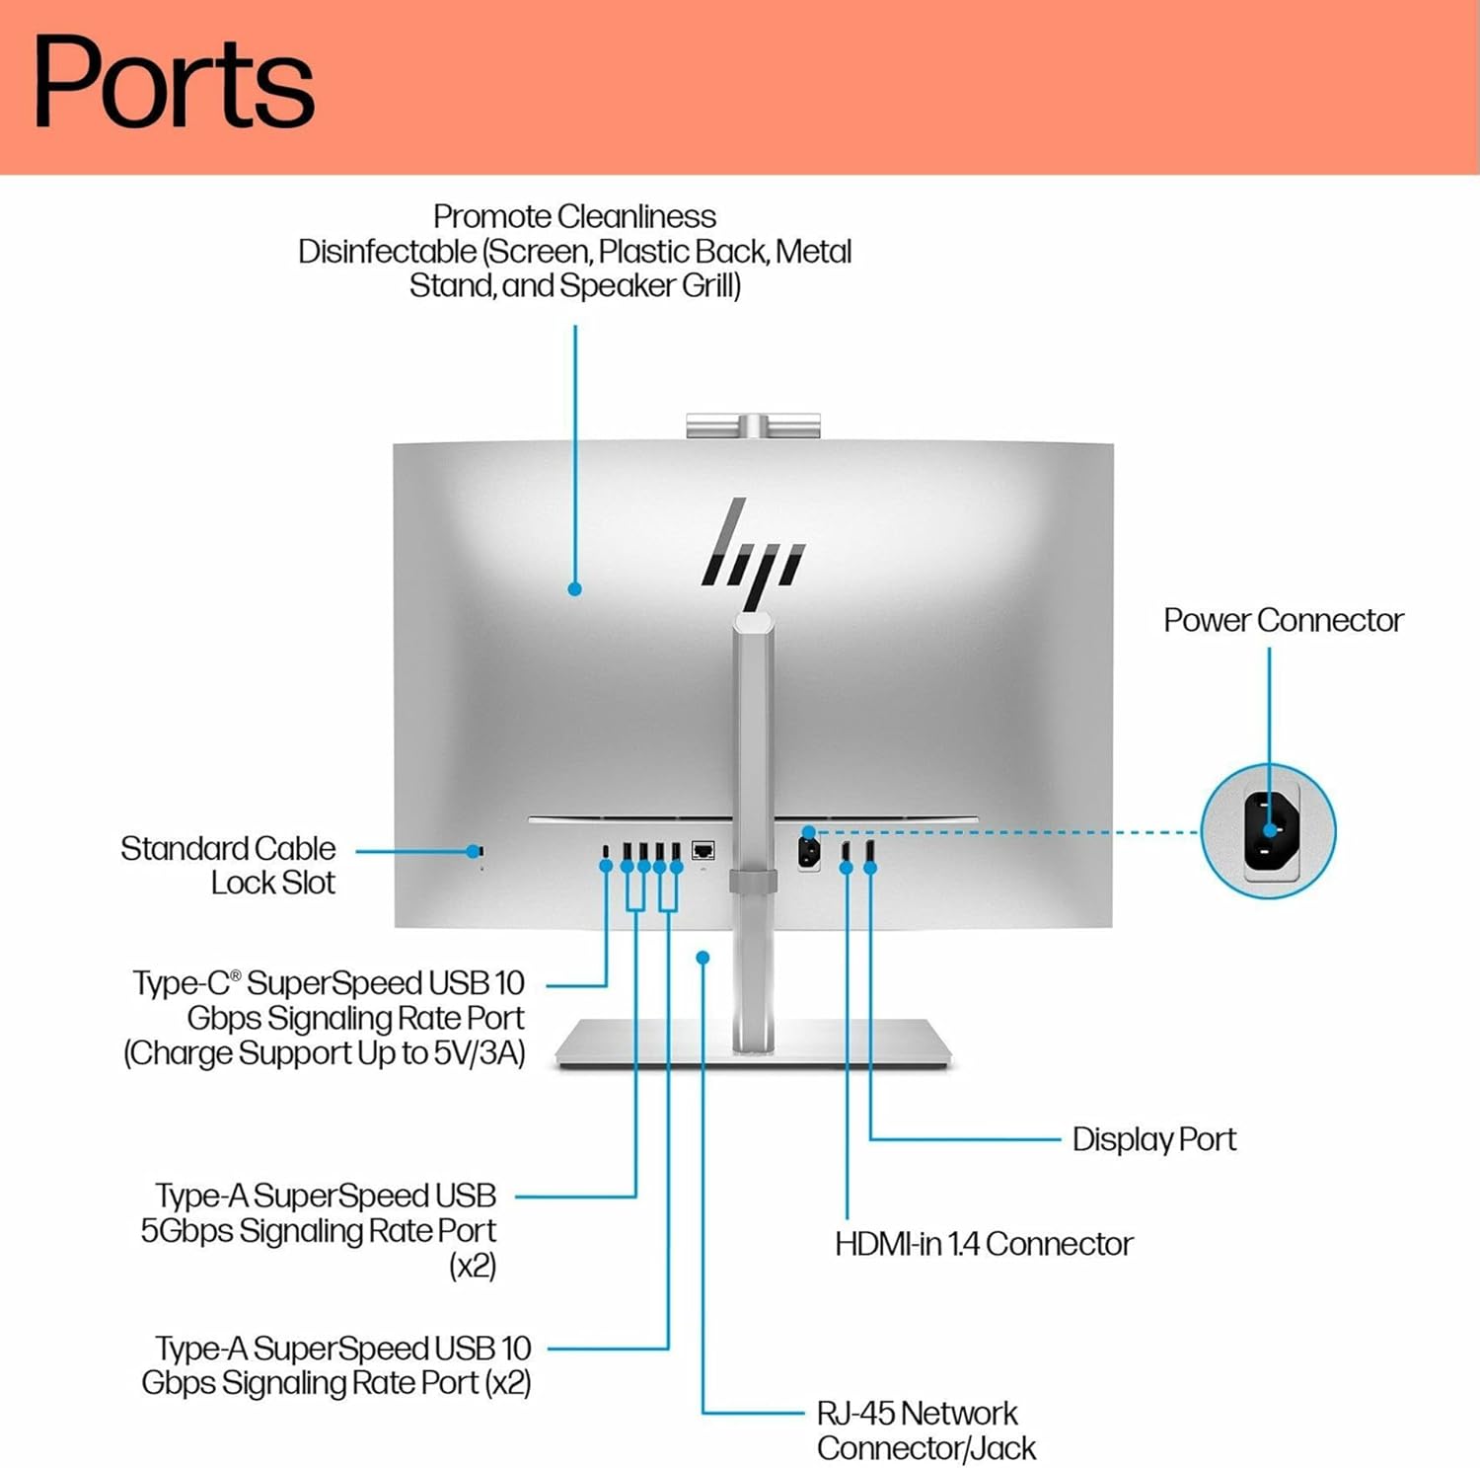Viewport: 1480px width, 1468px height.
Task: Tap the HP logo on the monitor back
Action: [x=753, y=553]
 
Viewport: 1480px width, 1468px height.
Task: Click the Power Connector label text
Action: [x=1283, y=620]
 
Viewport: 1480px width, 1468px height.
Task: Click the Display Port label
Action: [x=1153, y=1139]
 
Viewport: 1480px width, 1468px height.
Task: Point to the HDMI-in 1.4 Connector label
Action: [x=983, y=1244]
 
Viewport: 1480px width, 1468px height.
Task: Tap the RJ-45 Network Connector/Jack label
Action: [x=925, y=1430]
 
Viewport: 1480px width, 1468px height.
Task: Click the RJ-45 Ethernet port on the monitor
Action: [x=703, y=850]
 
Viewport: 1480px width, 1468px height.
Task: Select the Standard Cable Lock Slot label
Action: [x=228, y=865]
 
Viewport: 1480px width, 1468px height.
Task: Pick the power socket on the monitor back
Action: [x=808, y=851]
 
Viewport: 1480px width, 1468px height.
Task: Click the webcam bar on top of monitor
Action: [x=753, y=426]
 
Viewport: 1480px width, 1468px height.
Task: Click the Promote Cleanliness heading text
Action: [x=574, y=216]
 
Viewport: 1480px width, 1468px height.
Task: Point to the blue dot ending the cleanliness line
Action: [x=574, y=589]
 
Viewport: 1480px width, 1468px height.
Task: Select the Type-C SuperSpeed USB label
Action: [x=328, y=1018]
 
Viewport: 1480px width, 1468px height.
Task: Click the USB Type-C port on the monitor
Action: [x=606, y=851]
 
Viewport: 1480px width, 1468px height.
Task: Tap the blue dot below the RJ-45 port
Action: [x=703, y=958]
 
